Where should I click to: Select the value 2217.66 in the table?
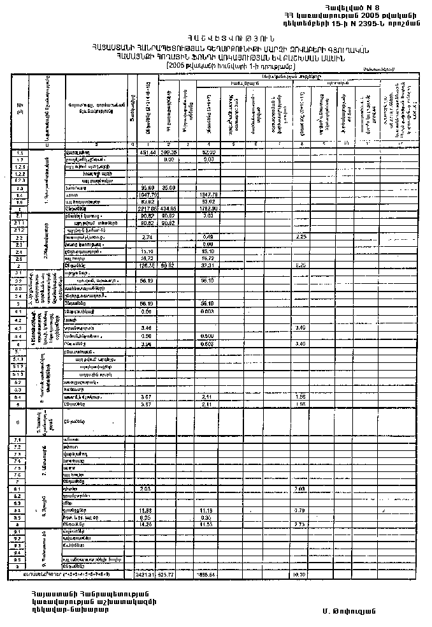(x=148, y=209)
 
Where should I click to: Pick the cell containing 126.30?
(x=148, y=264)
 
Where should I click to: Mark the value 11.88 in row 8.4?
(x=147, y=511)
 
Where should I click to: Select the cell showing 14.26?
(x=147, y=524)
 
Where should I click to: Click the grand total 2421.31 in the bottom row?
(x=147, y=575)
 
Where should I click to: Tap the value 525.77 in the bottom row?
(x=167, y=575)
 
